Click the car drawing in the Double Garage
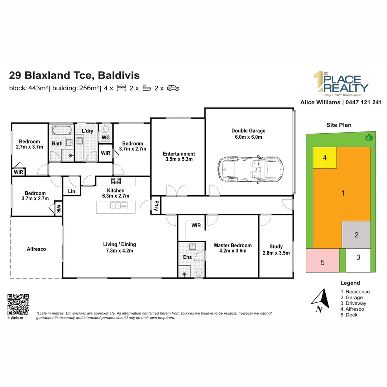(x=250, y=169)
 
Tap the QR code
(x=18, y=304)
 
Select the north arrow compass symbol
(x=321, y=300)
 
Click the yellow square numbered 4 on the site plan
(x=325, y=157)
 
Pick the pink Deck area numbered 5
(x=322, y=260)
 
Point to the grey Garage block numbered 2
(x=356, y=235)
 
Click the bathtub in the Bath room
(x=62, y=130)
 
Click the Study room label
(x=276, y=247)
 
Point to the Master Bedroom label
(x=233, y=245)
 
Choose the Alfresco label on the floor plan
(x=37, y=249)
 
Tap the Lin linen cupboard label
(x=72, y=191)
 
